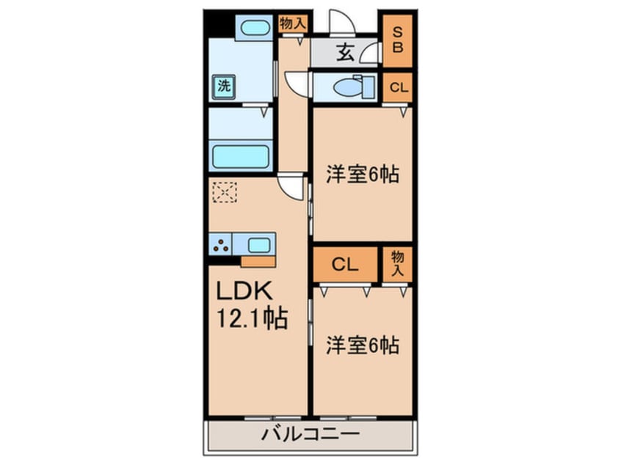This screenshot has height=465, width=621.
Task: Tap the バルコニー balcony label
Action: coord(310,434)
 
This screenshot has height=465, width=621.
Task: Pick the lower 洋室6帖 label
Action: coord(363,344)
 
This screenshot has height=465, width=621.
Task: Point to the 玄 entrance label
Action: coord(346,54)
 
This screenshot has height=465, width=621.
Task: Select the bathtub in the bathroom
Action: coord(241,156)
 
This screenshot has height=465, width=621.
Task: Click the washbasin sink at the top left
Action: coord(255,29)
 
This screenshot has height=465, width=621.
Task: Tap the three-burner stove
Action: coord(220,244)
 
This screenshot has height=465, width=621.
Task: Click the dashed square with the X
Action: coord(225,193)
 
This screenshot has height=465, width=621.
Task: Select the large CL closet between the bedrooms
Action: coord(344,265)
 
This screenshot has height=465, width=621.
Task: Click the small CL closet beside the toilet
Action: coord(398,88)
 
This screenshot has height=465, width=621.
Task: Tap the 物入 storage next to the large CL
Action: coord(398,263)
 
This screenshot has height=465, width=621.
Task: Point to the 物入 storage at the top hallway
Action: coord(292,24)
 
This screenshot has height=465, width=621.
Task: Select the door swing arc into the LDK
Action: coord(292,188)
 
